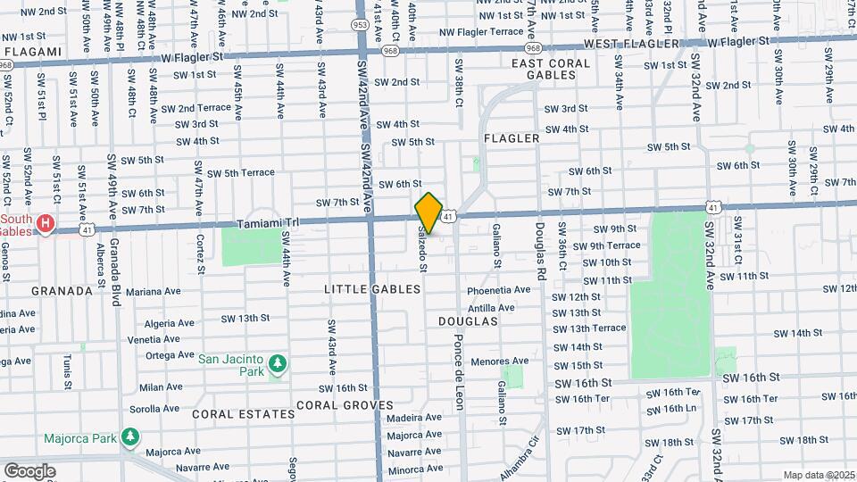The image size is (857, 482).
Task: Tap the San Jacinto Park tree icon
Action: (279, 363)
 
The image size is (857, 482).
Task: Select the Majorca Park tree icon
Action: (132, 436)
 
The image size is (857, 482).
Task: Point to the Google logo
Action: (29, 470)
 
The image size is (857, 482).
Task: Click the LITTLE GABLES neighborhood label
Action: (372, 289)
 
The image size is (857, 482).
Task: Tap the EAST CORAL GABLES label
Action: (551, 70)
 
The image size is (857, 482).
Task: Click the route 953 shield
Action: (360, 25)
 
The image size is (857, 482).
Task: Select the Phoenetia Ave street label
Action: (499, 290)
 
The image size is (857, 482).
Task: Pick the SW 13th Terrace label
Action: (589, 328)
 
